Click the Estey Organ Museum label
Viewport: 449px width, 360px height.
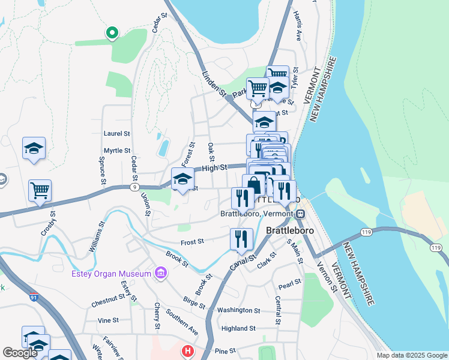point(110,274)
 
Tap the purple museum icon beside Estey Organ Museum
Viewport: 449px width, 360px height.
point(160,274)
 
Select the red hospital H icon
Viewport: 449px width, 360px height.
point(188,350)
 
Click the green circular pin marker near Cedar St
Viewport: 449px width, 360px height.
point(111,33)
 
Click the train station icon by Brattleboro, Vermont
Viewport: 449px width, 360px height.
point(300,213)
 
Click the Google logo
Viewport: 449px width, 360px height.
point(20,353)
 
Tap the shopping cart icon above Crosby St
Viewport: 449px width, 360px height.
point(40,191)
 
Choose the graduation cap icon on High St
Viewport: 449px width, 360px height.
point(182,178)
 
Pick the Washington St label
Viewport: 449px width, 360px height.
point(238,311)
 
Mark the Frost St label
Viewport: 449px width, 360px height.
point(193,241)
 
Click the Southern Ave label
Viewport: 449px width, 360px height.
point(182,322)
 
